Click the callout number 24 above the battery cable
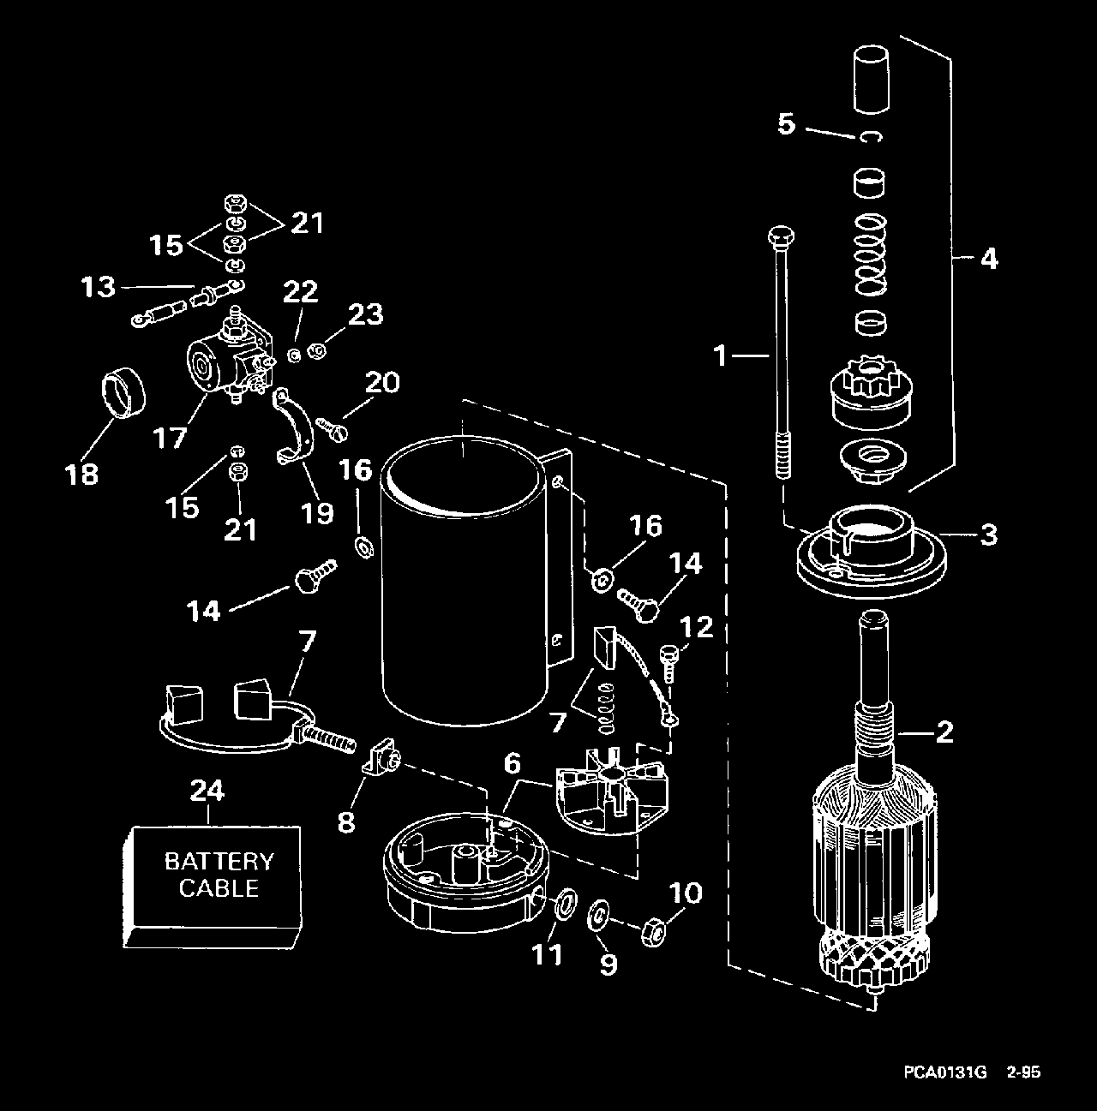pyautogui.click(x=207, y=791)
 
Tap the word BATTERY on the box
pyautogui.click(x=219, y=862)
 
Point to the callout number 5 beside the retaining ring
pyautogui.click(x=786, y=124)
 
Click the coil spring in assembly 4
pyautogui.click(x=870, y=255)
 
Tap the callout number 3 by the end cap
pyautogui.click(x=989, y=535)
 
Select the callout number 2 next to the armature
pyautogui.click(x=944, y=732)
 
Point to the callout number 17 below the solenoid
pyautogui.click(x=171, y=439)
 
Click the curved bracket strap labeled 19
pyautogui.click(x=293, y=426)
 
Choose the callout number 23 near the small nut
pyautogui.click(x=365, y=314)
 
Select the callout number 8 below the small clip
pyautogui.click(x=346, y=821)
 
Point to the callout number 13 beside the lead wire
pyautogui.click(x=98, y=287)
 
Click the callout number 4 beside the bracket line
pyautogui.click(x=989, y=260)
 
